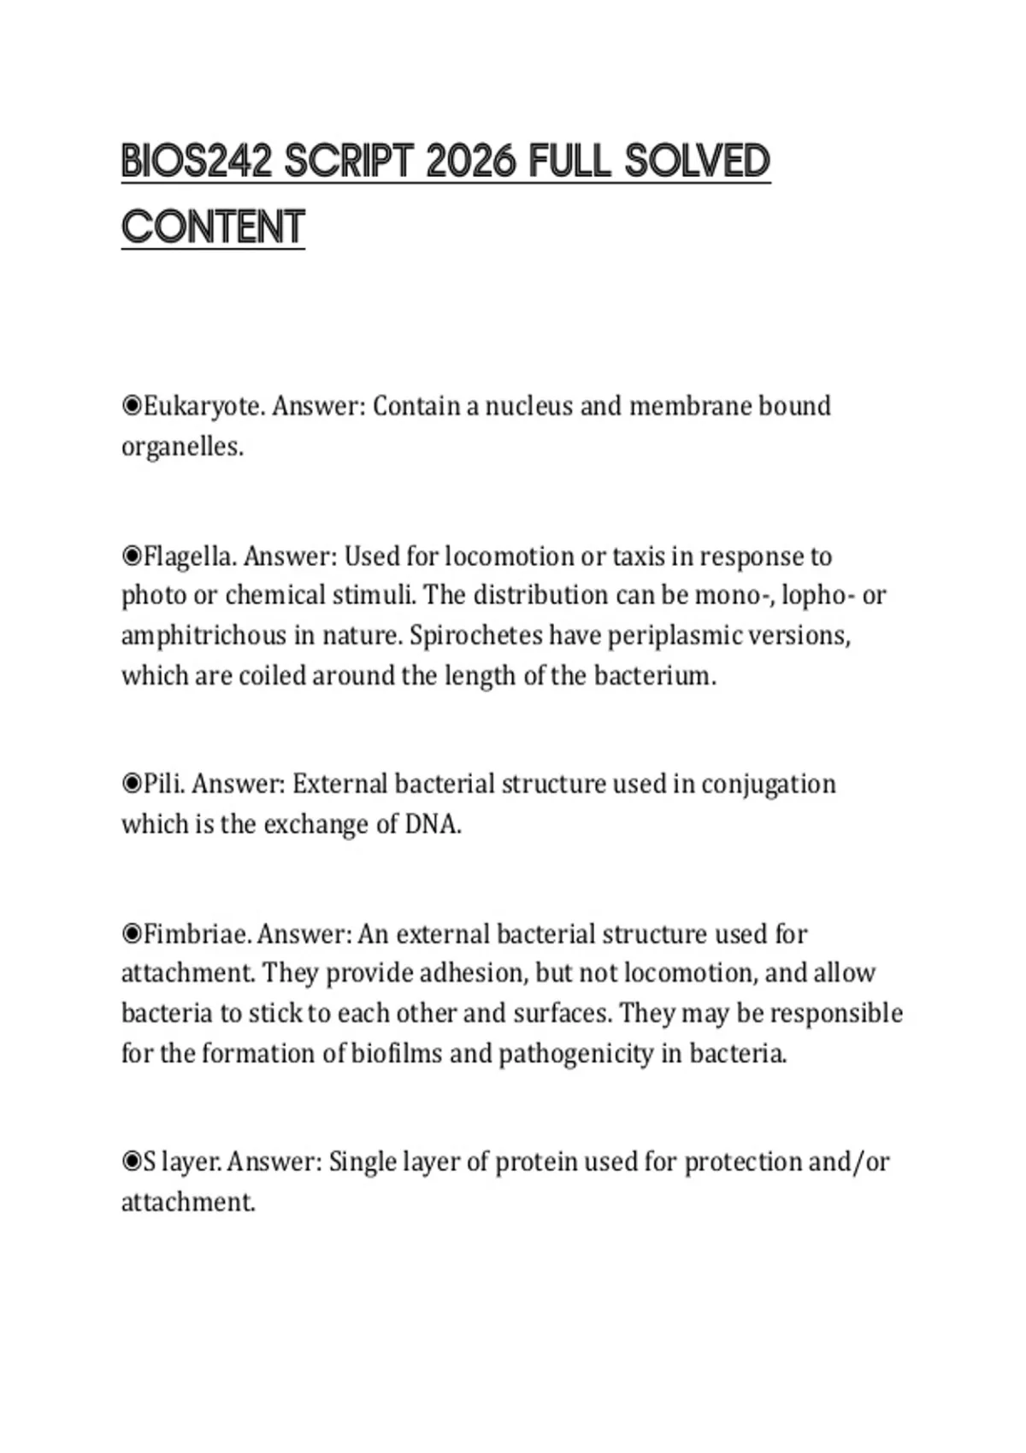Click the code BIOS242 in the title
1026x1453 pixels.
(x=196, y=162)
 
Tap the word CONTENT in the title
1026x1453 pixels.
(x=213, y=227)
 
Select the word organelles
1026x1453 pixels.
(x=182, y=447)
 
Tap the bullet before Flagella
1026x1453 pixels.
(x=132, y=556)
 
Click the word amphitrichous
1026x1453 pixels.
(x=203, y=636)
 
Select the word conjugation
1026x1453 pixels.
(x=768, y=784)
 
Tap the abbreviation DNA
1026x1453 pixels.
(x=433, y=825)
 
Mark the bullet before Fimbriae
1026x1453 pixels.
(x=132, y=934)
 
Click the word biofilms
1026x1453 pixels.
(x=396, y=1054)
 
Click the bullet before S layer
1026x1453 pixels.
(x=132, y=1162)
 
